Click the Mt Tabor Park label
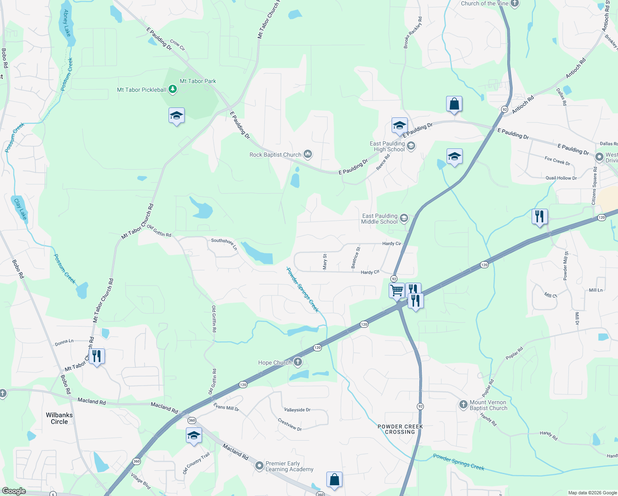[x=198, y=81]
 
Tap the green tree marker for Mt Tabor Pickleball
[x=173, y=89]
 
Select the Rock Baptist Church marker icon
[x=307, y=155]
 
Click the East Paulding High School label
[x=387, y=146]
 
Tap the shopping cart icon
[x=397, y=290]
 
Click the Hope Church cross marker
[x=297, y=362]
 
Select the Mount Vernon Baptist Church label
[x=488, y=405]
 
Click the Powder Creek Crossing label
[x=400, y=429]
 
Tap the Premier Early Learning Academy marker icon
[x=259, y=466]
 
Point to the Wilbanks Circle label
[x=59, y=418]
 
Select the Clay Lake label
[x=20, y=209]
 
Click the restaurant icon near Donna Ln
[x=97, y=356]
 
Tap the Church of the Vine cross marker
[x=514, y=3]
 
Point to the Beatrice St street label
[x=356, y=258]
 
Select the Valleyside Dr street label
[x=297, y=410]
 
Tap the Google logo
[x=14, y=491]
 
